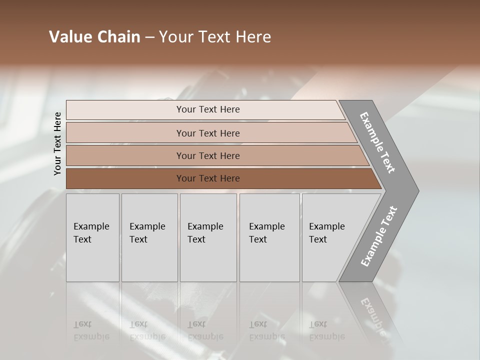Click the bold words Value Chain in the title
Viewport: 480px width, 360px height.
[94, 37]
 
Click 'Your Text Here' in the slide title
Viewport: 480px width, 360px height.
[215, 37]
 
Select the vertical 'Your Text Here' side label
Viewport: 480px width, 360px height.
[57, 143]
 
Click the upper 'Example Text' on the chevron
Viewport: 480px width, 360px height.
[377, 142]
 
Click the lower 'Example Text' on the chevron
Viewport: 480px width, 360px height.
[379, 236]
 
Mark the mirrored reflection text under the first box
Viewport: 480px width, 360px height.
[91, 330]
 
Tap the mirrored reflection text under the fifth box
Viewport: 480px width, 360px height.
[326, 330]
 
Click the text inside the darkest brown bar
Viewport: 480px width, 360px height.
[208, 178]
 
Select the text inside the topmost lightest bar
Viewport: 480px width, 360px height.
[208, 109]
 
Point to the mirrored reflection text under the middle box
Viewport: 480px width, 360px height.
[205, 330]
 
